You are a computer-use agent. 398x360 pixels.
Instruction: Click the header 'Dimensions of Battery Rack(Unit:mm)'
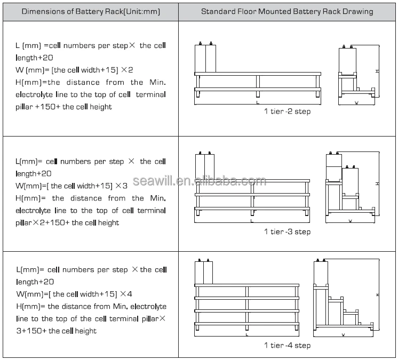[x=89, y=11]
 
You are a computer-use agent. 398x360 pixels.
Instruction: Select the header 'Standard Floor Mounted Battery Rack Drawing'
[x=287, y=11]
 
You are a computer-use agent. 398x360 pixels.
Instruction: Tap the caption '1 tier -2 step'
[x=287, y=111]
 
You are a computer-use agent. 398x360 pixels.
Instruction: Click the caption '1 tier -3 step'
[x=287, y=231]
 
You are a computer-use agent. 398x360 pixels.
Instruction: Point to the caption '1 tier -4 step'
[x=287, y=345]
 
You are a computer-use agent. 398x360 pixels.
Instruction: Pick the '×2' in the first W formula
[x=128, y=70]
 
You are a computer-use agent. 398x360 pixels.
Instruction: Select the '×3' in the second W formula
[x=121, y=186]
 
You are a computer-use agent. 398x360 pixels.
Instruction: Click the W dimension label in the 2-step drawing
[x=356, y=103]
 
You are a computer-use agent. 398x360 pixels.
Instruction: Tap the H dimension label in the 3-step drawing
[x=377, y=183]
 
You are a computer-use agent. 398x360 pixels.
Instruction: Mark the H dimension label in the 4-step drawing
[x=377, y=294]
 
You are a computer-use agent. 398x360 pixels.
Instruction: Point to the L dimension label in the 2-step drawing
[x=257, y=101]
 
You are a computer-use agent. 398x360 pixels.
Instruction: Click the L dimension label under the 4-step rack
[x=247, y=335]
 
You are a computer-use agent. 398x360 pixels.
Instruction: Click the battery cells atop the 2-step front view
[x=205, y=58]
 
